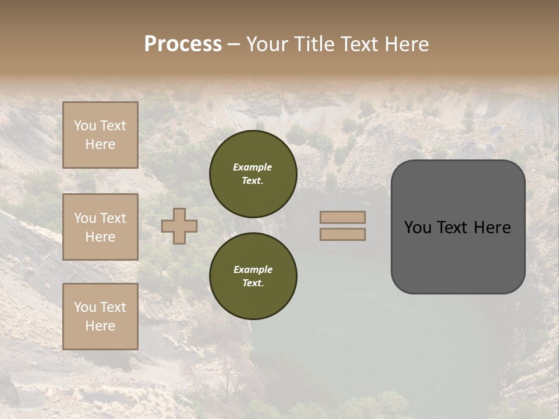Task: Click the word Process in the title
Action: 183,44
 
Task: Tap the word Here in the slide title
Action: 405,44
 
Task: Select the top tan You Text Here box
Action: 100,135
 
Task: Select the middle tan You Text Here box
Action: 100,227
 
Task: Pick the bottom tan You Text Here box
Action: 100,317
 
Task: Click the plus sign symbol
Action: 179,226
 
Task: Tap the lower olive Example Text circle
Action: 253,276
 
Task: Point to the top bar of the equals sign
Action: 342,218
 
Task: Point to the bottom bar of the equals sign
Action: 342,234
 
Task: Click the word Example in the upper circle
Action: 253,167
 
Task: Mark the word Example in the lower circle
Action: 253,269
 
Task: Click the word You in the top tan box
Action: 85,126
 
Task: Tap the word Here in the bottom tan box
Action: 100,326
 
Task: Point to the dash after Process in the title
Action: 233,44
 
